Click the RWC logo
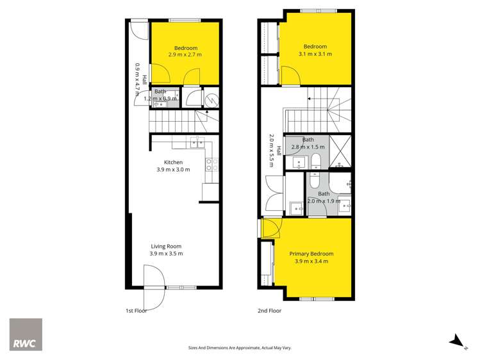(x=26, y=334)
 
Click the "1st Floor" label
(x=137, y=311)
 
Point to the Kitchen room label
(x=174, y=162)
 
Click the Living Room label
(x=167, y=246)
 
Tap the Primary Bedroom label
(x=311, y=254)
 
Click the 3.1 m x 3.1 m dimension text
(x=315, y=54)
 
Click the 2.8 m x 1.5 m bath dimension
(x=308, y=147)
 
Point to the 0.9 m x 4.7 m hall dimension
(x=137, y=79)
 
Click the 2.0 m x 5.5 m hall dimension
(x=272, y=151)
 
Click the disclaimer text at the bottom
(x=240, y=348)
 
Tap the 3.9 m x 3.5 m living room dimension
(x=167, y=254)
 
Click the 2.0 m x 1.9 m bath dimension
(x=323, y=201)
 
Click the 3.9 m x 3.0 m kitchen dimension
(x=174, y=170)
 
